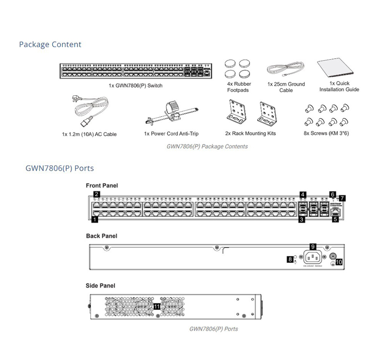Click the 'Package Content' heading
point(50,44)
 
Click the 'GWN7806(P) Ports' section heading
point(60,168)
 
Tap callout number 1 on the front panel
point(95,220)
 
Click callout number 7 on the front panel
point(343,198)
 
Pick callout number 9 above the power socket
point(313,246)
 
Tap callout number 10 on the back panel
point(339,262)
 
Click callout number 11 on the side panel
point(157,306)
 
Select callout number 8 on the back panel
point(290,259)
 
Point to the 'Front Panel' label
point(102,185)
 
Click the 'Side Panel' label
point(101,286)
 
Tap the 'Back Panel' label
point(101,236)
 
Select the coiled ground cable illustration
point(285,69)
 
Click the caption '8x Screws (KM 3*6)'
point(326,133)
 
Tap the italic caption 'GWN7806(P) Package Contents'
point(207,146)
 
